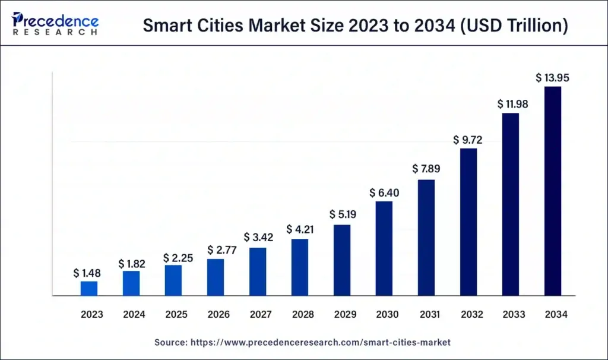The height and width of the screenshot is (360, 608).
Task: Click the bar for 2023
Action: coord(89,288)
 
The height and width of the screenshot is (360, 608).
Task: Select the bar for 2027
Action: coord(258,271)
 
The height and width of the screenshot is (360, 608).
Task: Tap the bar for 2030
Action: coord(384,248)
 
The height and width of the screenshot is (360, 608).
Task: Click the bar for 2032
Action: coord(468,222)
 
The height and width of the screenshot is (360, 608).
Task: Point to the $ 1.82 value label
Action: coord(132,263)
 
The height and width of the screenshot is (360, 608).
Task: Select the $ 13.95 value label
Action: coord(553,78)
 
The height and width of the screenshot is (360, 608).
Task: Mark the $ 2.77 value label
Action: coord(216,250)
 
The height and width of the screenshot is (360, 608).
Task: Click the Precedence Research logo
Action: coord(55,24)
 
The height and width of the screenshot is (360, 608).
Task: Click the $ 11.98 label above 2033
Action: coord(511,104)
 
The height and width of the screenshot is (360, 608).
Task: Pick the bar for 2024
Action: coord(132,283)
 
